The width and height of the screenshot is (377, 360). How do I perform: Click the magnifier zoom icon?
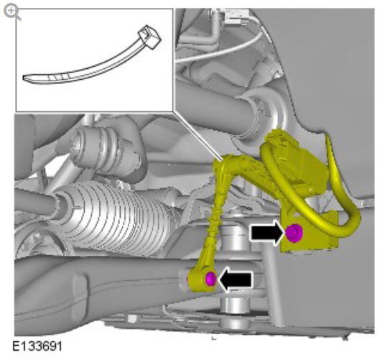(x=12, y=12)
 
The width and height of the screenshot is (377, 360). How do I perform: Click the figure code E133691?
(x=37, y=347)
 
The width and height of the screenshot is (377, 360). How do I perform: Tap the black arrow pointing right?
(x=267, y=233)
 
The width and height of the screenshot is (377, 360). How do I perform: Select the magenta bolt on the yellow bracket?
(x=294, y=233)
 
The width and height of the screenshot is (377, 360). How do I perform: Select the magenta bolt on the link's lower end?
(x=211, y=279)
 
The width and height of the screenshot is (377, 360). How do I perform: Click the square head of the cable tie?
(x=149, y=37)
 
